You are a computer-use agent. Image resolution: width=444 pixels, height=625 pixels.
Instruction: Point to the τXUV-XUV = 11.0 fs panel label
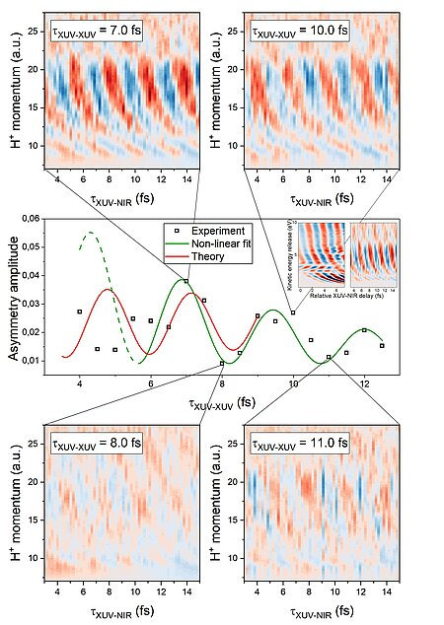299,444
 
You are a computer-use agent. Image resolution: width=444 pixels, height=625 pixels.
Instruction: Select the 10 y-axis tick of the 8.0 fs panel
36,559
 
